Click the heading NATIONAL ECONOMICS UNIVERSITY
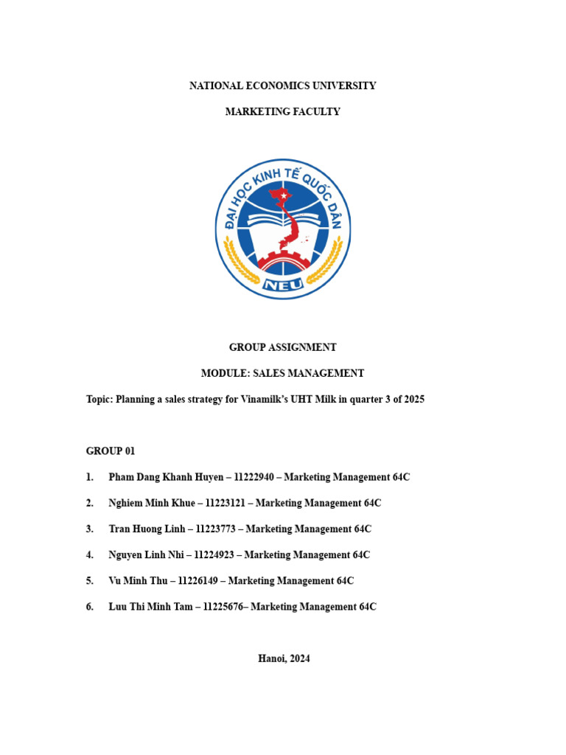point(283,86)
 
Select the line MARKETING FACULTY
point(283,112)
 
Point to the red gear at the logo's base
point(283,260)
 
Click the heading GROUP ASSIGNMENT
point(283,347)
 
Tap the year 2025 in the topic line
point(413,400)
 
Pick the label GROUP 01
point(111,451)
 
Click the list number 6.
point(89,606)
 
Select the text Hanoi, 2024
point(284,658)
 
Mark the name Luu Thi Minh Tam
point(147,606)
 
